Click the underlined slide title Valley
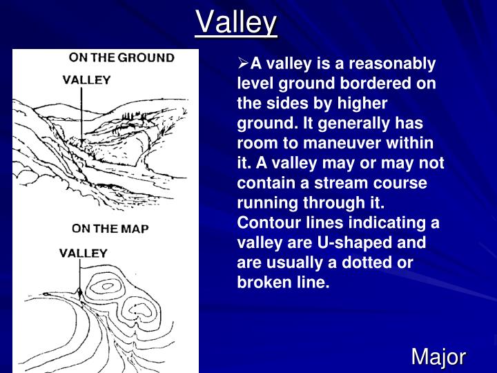click(x=237, y=22)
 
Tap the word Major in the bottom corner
click(x=438, y=357)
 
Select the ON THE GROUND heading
click(x=121, y=58)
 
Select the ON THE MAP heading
click(x=110, y=228)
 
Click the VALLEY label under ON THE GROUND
click(x=86, y=79)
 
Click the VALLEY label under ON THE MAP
click(x=82, y=252)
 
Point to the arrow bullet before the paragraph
click(x=243, y=64)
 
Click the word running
click(x=265, y=204)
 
